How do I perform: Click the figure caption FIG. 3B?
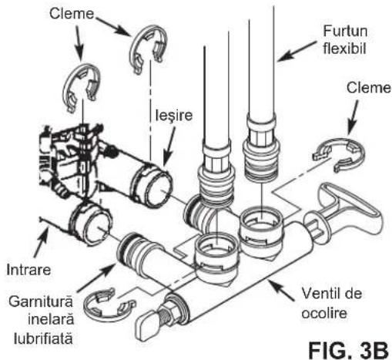click(x=348, y=350)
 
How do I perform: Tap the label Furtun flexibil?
click(x=345, y=39)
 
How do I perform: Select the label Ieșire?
click(x=174, y=116)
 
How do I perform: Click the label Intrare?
click(x=28, y=270)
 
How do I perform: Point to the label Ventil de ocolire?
click(x=331, y=303)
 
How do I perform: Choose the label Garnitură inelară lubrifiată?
click(x=42, y=321)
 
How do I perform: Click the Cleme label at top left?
click(x=72, y=13)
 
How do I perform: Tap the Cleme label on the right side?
click(x=369, y=88)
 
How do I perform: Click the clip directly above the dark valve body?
click(x=67, y=86)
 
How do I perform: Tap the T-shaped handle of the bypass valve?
click(x=349, y=208)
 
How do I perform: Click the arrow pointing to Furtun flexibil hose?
click(x=297, y=51)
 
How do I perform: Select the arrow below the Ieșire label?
click(x=169, y=147)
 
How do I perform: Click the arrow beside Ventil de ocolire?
click(x=280, y=291)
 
